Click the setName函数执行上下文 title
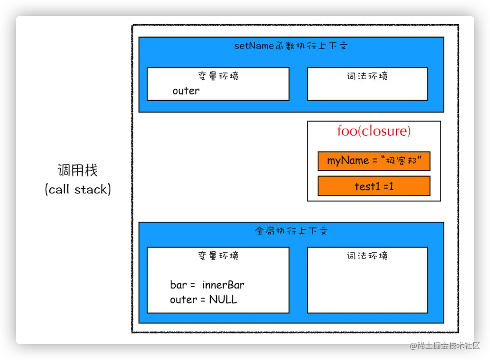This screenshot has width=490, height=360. click(291, 46)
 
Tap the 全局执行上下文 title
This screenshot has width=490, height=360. click(291, 231)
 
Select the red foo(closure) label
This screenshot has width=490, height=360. click(374, 131)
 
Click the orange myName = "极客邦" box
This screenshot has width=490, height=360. click(374, 161)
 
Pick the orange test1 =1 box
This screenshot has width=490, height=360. click(374, 186)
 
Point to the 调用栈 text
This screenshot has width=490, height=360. click(78, 170)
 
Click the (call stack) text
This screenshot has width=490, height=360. click(78, 190)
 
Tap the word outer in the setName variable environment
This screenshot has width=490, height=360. click(186, 91)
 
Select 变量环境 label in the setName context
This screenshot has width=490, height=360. click(218, 76)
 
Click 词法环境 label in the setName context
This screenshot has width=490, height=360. click(367, 76)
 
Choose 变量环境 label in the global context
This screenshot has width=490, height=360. click(218, 256)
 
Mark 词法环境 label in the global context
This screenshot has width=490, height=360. click(367, 256)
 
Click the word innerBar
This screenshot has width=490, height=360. click(223, 285)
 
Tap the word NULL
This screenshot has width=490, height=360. click(223, 300)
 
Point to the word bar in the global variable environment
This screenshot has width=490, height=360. click(178, 285)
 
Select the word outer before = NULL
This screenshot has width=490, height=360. click(184, 300)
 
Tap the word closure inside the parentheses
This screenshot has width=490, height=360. click(387, 131)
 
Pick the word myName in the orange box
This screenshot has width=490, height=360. click(348, 161)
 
